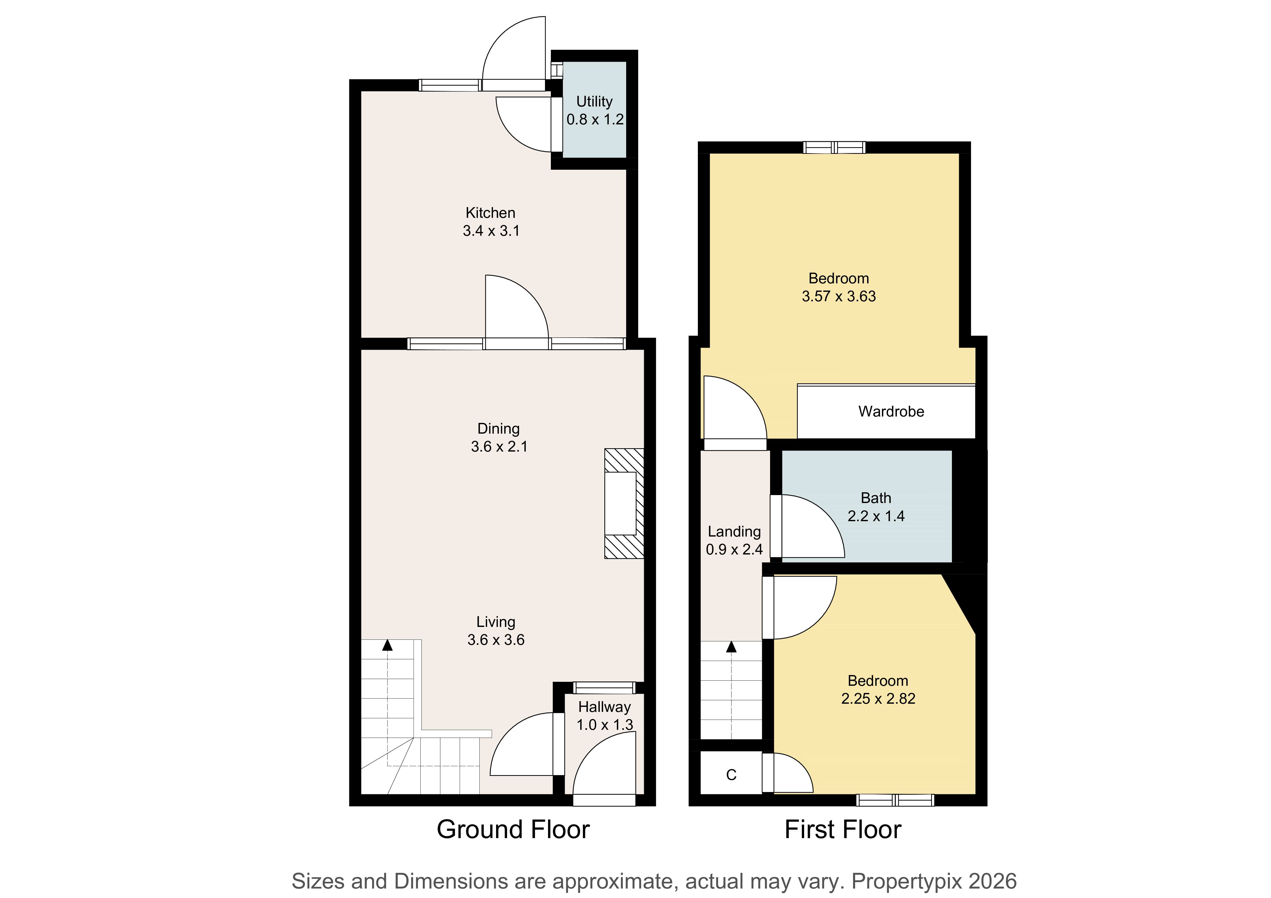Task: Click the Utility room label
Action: (x=595, y=102)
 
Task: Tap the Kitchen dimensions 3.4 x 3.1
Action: (x=491, y=231)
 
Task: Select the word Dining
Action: (x=498, y=429)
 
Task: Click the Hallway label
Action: (x=604, y=707)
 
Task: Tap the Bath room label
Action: (x=876, y=498)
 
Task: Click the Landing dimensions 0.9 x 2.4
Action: (x=734, y=549)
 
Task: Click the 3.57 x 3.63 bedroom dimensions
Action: (x=839, y=297)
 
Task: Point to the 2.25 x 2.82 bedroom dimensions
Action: (x=878, y=699)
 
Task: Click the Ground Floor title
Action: (x=513, y=829)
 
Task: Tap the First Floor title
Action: (x=843, y=829)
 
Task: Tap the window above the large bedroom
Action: (x=834, y=147)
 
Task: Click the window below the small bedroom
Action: (x=895, y=800)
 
